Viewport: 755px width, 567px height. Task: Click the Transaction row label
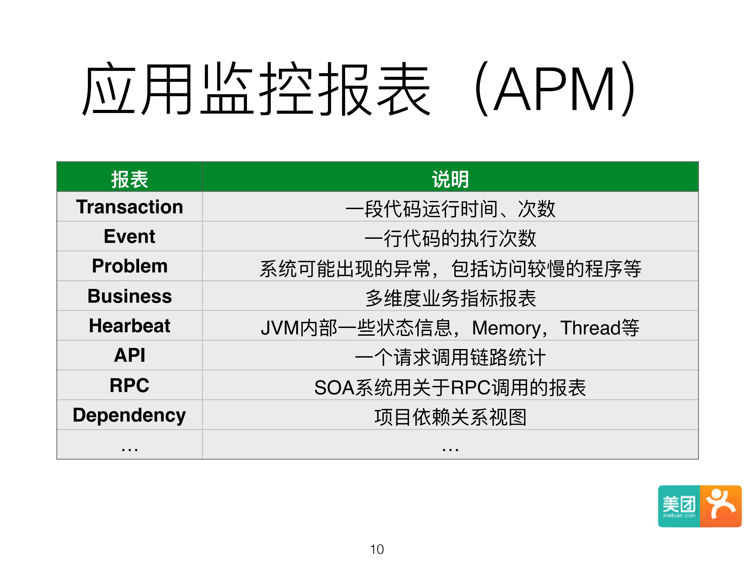(129, 207)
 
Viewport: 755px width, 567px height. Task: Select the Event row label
(129, 237)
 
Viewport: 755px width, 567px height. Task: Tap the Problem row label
(129, 266)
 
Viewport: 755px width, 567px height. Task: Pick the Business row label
(129, 296)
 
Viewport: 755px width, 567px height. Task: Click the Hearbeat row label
(129, 326)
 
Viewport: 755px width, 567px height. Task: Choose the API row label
(129, 355)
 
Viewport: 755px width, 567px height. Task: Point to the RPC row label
(129, 385)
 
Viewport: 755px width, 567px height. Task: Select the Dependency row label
(129, 415)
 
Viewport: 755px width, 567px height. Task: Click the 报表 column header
(129, 179)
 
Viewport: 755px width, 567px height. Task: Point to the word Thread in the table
(590, 328)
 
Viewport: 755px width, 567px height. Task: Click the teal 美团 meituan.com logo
(679, 506)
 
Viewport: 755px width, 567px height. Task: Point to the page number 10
(377, 549)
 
